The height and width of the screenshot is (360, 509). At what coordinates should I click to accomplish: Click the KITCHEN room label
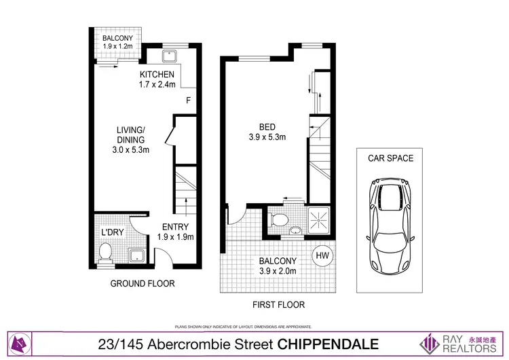157,74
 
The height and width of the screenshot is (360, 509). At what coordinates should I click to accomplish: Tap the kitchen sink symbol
170,55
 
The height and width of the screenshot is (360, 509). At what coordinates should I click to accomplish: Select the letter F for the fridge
188,101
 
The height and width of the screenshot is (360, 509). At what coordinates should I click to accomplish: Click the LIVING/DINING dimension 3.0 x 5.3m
130,150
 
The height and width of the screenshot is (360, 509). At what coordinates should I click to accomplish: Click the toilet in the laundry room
105,253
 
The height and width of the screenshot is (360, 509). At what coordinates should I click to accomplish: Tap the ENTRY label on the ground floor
175,227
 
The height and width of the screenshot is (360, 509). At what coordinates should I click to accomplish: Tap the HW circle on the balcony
322,256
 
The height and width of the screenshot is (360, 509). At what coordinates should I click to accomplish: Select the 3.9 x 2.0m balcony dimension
277,272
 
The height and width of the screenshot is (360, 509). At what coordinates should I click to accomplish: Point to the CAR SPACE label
390,158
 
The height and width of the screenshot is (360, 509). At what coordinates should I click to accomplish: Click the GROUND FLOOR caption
143,283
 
